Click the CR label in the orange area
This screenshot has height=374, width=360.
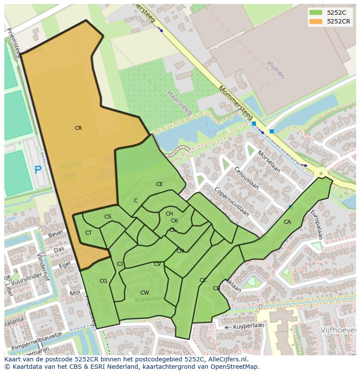tap(78, 128)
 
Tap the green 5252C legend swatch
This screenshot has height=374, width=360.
tap(316, 13)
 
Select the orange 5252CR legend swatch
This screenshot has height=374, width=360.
tap(316, 21)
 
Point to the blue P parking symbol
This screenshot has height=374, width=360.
tap(38, 170)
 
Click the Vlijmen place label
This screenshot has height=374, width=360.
tap(276, 69)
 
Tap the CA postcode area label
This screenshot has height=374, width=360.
tap(287, 222)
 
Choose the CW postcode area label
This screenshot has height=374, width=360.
tap(145, 293)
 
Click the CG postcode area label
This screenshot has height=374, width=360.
tap(103, 281)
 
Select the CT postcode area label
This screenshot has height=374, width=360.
tap(88, 233)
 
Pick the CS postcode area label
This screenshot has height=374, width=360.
tap(108, 217)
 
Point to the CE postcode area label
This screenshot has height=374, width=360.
tap(160, 184)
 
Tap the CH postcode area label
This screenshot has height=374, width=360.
tap(169, 213)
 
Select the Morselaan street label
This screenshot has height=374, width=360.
tap(268, 162)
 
